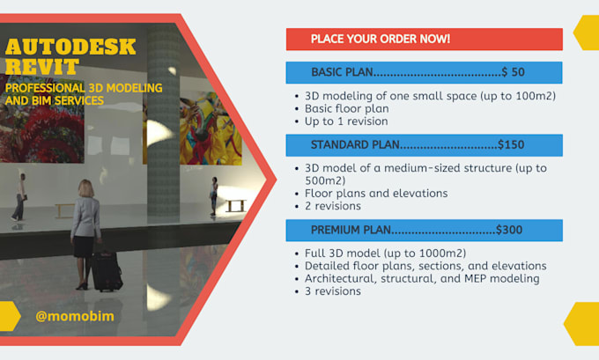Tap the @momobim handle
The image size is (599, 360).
pos(75,315)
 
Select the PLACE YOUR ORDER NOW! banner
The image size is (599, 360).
pos(381,40)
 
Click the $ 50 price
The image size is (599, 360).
pos(516,72)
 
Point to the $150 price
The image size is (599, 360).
pos(511,144)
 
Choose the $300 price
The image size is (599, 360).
pos(509,230)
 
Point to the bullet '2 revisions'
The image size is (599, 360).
pos(332,206)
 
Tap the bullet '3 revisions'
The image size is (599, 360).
pos(332,290)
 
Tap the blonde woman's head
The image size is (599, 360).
pos(86,187)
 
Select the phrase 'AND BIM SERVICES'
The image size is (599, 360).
pos(54,100)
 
